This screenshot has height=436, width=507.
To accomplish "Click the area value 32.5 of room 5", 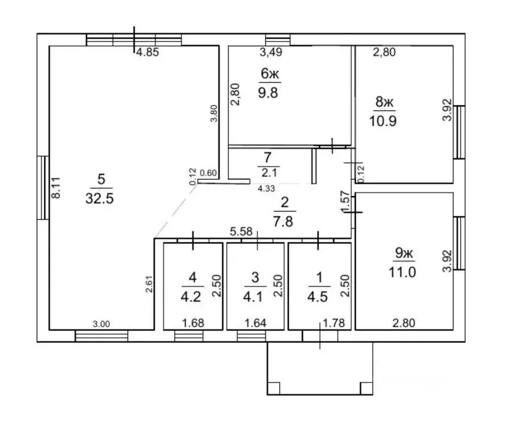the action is click(x=99, y=198).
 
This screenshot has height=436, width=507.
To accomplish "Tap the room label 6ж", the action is click(x=269, y=74).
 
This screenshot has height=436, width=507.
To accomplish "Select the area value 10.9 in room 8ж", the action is click(x=383, y=121).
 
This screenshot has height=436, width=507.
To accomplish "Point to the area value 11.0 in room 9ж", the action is click(x=402, y=272).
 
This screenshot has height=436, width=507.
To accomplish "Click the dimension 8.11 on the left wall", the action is click(x=56, y=188).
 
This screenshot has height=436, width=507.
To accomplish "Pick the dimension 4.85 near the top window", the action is click(x=147, y=52).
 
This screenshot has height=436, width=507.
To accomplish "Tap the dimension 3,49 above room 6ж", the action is click(x=271, y=52).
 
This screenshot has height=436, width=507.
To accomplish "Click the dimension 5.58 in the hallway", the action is click(x=241, y=231).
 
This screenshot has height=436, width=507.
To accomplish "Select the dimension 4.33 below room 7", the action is click(x=266, y=189).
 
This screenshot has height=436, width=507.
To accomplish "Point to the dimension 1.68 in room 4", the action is click(x=193, y=323).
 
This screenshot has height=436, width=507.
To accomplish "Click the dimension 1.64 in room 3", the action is click(x=255, y=323).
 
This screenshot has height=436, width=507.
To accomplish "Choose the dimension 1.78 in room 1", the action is click(x=334, y=323).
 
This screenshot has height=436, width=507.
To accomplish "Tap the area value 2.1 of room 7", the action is click(x=269, y=173).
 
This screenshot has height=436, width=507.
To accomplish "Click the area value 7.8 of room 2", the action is click(x=283, y=222).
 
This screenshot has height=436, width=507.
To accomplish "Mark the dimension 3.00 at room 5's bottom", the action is click(x=101, y=324).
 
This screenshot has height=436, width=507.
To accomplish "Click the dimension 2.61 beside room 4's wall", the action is click(x=149, y=284).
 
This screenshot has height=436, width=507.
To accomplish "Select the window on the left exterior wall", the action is click(x=43, y=188).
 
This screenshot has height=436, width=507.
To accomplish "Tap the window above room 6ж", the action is click(x=278, y=40).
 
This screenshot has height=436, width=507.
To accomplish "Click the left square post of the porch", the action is click(x=273, y=388).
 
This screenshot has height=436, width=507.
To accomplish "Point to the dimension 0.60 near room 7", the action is click(x=208, y=173).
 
